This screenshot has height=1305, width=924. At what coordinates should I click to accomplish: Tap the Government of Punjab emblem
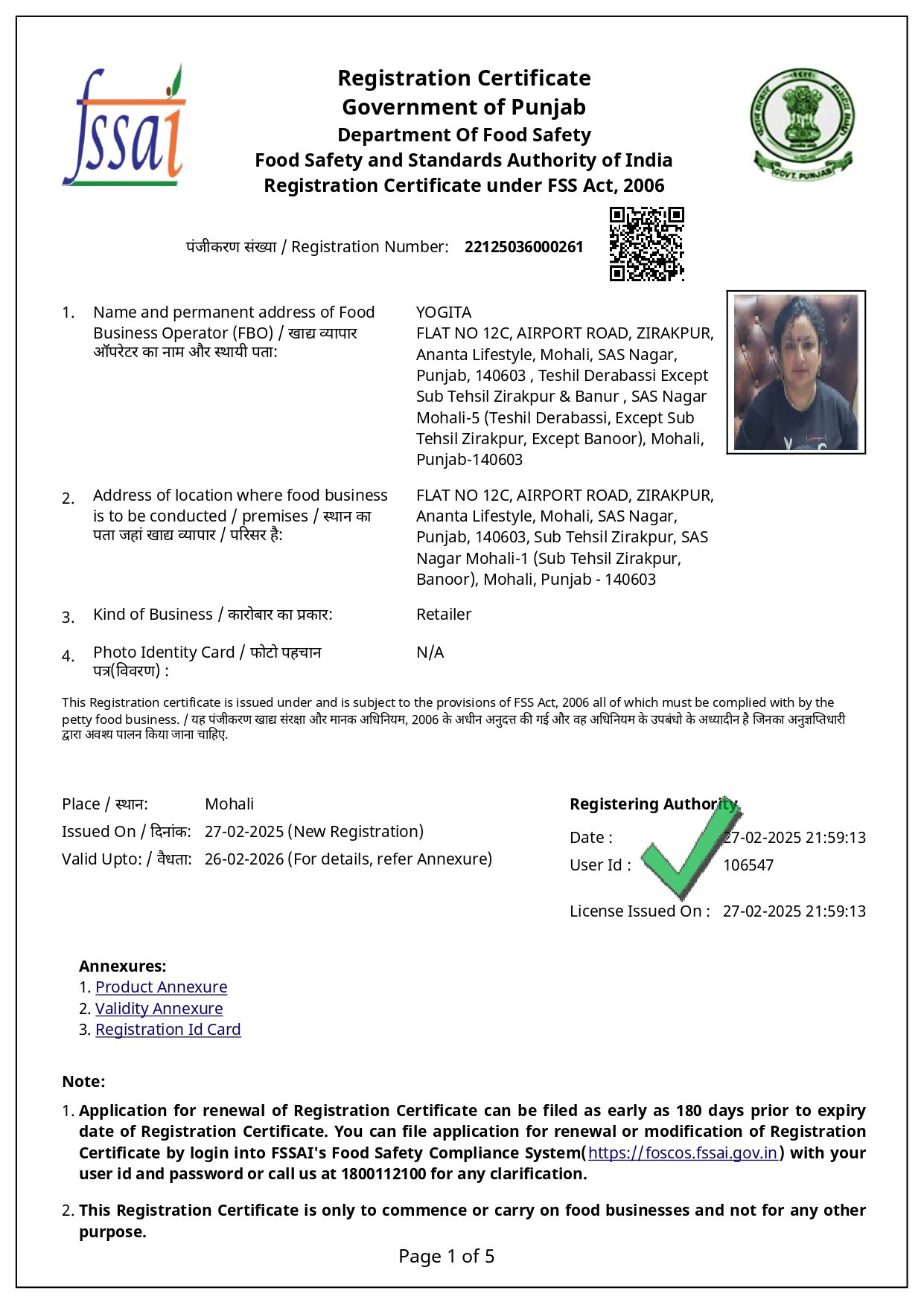click(802, 124)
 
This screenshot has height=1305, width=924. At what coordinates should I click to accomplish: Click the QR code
click(646, 244)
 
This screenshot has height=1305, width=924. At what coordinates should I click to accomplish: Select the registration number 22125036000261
click(523, 247)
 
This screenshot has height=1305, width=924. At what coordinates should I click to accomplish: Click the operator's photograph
click(795, 372)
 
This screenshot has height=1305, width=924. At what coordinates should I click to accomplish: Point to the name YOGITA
click(444, 312)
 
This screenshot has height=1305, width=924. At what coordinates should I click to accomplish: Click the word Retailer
click(444, 615)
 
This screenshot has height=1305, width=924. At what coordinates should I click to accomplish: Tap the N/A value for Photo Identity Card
click(430, 652)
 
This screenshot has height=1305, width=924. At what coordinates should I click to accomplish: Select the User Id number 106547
click(748, 865)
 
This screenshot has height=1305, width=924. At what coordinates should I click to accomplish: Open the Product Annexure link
click(161, 987)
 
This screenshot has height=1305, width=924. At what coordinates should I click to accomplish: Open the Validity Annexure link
click(159, 1009)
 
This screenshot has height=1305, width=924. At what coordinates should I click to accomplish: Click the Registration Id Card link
click(168, 1030)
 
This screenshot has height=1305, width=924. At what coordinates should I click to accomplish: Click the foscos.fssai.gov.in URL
click(683, 1153)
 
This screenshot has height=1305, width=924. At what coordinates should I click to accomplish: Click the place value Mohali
click(229, 804)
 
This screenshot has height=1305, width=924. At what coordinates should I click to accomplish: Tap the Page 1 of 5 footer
click(446, 1257)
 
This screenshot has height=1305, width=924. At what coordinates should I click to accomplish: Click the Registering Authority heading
click(653, 804)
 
